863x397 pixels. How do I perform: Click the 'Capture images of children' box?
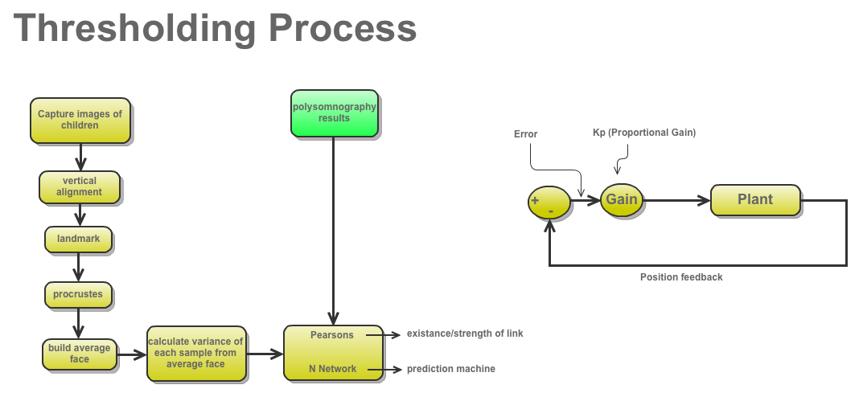80,120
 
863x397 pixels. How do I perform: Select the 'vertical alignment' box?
80,186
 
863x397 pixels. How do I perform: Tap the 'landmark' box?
77,239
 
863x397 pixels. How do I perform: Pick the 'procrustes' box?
78,294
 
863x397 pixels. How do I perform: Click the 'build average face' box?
80,354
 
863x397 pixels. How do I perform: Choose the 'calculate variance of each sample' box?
195,354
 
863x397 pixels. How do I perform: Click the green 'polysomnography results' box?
334,113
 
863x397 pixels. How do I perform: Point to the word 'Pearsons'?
332,335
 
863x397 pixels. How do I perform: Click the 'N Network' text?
333,369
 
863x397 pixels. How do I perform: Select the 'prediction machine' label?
450,369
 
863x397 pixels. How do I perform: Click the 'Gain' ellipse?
622,199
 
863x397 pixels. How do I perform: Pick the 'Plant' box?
755,199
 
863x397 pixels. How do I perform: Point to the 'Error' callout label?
525,134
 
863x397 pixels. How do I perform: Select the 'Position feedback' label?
681,277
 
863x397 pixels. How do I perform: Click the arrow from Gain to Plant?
676,199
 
